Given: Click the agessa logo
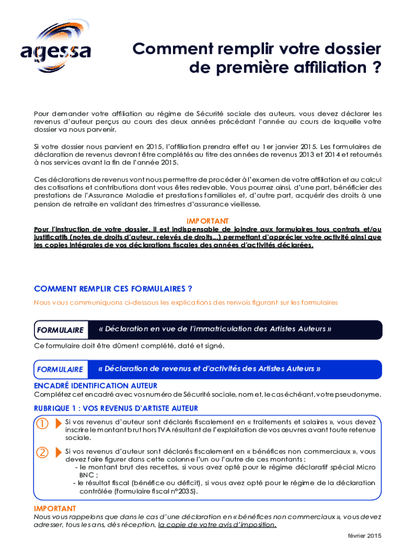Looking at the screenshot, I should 56,48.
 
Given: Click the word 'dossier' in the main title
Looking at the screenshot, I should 352,49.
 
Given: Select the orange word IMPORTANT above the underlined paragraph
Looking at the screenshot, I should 207,221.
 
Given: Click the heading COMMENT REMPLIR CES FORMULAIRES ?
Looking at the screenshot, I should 113,288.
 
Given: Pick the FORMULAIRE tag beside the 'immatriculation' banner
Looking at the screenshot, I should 60,330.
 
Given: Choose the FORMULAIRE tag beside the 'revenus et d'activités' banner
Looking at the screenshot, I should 60,369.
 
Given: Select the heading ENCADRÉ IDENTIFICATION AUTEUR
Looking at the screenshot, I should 95,385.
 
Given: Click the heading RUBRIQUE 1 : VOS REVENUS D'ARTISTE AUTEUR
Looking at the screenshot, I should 116,408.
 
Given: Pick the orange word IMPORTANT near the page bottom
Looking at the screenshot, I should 55,508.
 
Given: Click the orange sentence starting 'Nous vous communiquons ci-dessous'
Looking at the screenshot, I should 185,302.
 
